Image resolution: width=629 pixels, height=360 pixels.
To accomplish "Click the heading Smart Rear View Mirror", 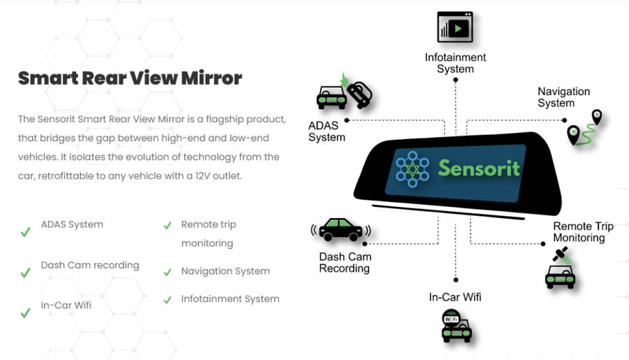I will [130, 78].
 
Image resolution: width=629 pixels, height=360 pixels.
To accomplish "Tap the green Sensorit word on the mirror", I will [479, 167].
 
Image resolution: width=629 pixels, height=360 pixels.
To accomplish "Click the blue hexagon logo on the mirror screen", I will [412, 168].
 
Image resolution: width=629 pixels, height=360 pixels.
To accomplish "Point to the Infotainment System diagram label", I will [455, 63].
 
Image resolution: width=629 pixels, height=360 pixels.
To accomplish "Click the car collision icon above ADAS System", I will [344, 94].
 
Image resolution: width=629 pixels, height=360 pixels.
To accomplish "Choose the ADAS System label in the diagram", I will [326, 131].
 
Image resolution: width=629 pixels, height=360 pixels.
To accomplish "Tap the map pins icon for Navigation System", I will [585, 127].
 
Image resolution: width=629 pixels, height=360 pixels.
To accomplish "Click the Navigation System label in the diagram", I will [563, 97].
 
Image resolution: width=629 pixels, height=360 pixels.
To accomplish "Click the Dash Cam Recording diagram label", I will [345, 262].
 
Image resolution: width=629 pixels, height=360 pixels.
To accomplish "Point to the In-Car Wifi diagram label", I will [455, 297].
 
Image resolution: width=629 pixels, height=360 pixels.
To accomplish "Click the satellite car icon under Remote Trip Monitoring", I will [560, 270].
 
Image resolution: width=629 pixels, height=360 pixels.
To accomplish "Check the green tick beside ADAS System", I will [25, 231].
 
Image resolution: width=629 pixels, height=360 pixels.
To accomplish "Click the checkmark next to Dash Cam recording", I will [25, 272].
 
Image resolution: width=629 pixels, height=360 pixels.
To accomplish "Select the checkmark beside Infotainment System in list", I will [167, 299].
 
